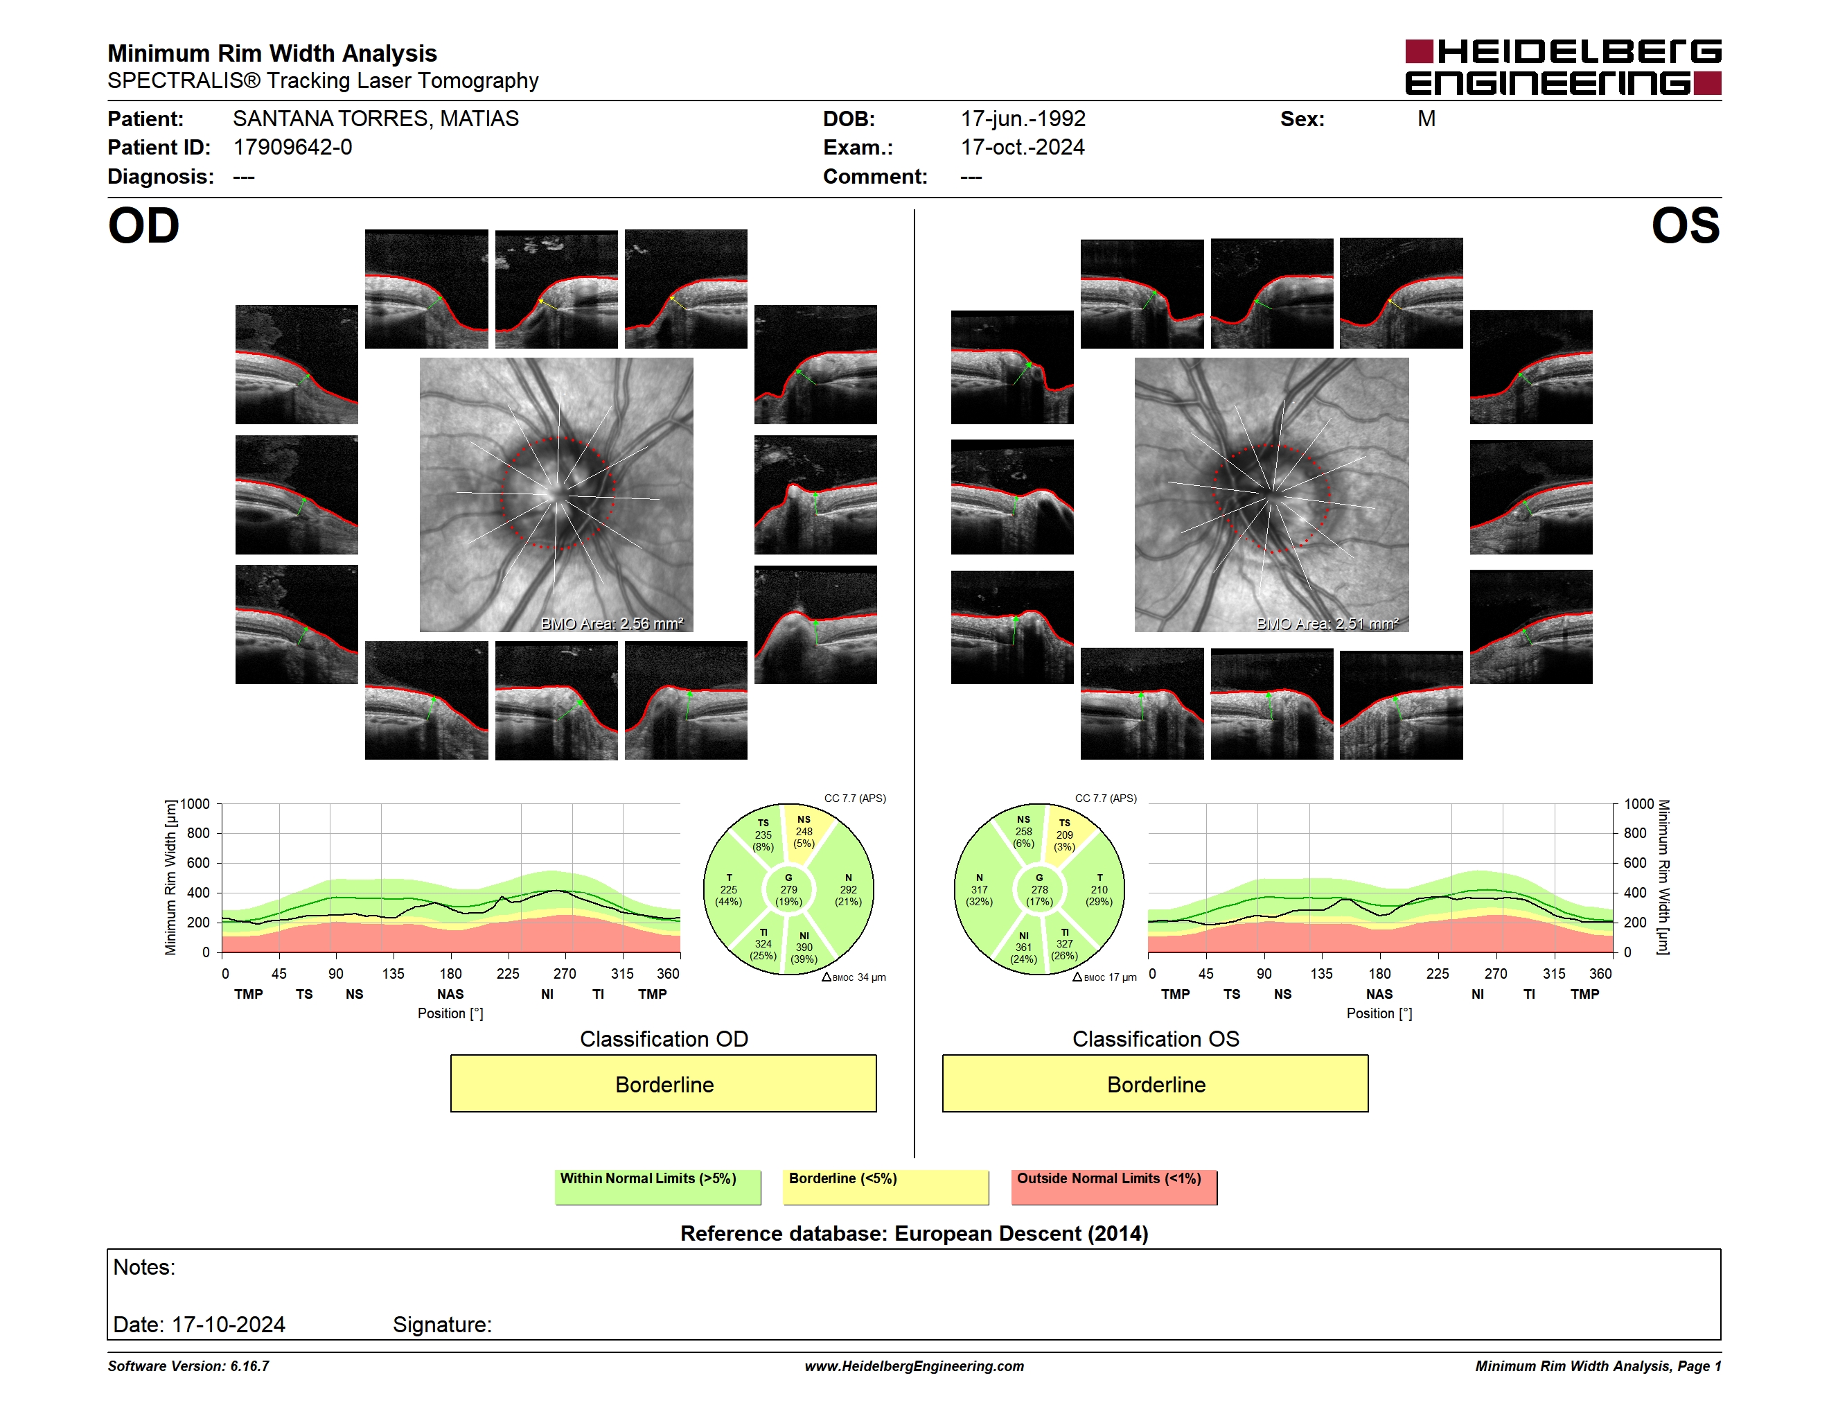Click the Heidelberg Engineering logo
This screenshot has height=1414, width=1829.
click(1563, 67)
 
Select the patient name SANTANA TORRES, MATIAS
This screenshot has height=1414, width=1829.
click(375, 119)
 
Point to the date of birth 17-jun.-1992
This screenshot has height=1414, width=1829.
click(1023, 119)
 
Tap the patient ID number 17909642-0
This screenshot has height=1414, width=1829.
click(292, 148)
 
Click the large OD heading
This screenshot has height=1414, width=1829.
click(144, 225)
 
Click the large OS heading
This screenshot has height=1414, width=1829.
click(1685, 225)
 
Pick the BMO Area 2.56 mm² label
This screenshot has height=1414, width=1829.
click(612, 623)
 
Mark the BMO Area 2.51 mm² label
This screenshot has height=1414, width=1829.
click(1327, 623)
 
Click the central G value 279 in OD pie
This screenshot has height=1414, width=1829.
click(789, 889)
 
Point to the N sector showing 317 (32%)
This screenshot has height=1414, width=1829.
click(980, 889)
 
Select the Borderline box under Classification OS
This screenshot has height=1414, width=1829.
click(1156, 1084)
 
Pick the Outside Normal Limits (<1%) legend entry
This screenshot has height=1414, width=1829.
click(1114, 1187)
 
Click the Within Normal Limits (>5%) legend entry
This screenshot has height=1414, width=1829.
click(657, 1187)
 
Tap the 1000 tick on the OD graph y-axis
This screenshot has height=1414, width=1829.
click(195, 804)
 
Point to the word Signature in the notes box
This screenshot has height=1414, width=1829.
click(442, 1325)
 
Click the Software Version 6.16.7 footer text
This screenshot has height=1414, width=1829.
click(188, 1366)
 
